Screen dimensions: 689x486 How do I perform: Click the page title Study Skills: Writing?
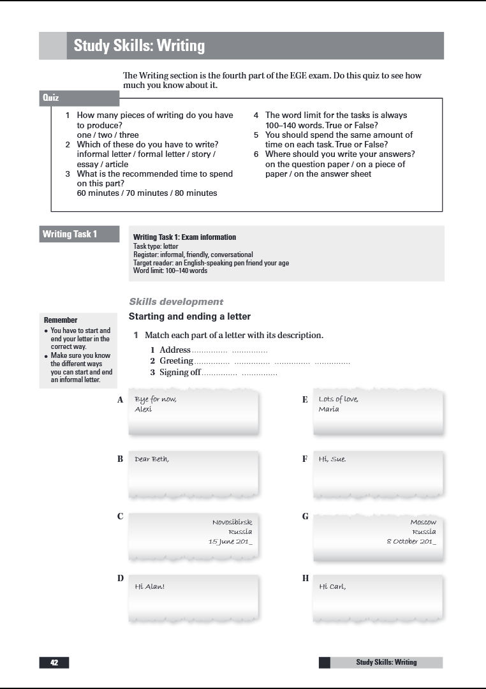pyautogui.click(x=139, y=46)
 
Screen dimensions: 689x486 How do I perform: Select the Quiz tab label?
pyautogui.click(x=51, y=98)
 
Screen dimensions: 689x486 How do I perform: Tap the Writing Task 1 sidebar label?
pyautogui.click(x=70, y=234)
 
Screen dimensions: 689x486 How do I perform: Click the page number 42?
pyautogui.click(x=54, y=662)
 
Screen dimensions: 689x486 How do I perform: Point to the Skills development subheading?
pyautogui.click(x=176, y=302)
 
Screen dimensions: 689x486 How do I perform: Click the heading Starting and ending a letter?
pyautogui.click(x=189, y=316)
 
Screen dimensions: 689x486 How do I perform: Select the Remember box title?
pyautogui.click(x=61, y=320)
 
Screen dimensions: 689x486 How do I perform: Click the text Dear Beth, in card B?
pyautogui.click(x=152, y=459)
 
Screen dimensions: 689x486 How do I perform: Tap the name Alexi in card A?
pyautogui.click(x=144, y=409)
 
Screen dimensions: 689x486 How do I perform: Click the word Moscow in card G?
pyautogui.click(x=423, y=522)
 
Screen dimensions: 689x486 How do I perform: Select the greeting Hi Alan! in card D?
pyautogui.click(x=149, y=586)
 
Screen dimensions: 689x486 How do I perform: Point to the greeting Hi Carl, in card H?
pyautogui.click(x=332, y=586)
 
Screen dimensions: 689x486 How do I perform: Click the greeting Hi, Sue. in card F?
pyautogui.click(x=332, y=459)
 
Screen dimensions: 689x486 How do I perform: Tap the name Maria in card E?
pyautogui.click(x=329, y=409)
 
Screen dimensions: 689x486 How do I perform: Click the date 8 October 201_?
pyautogui.click(x=411, y=541)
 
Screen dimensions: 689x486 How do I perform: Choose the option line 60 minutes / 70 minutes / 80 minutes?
pyautogui.click(x=147, y=193)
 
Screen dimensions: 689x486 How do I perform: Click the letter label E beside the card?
pyautogui.click(x=305, y=399)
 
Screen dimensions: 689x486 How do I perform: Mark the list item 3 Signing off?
pyautogui.click(x=180, y=373)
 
